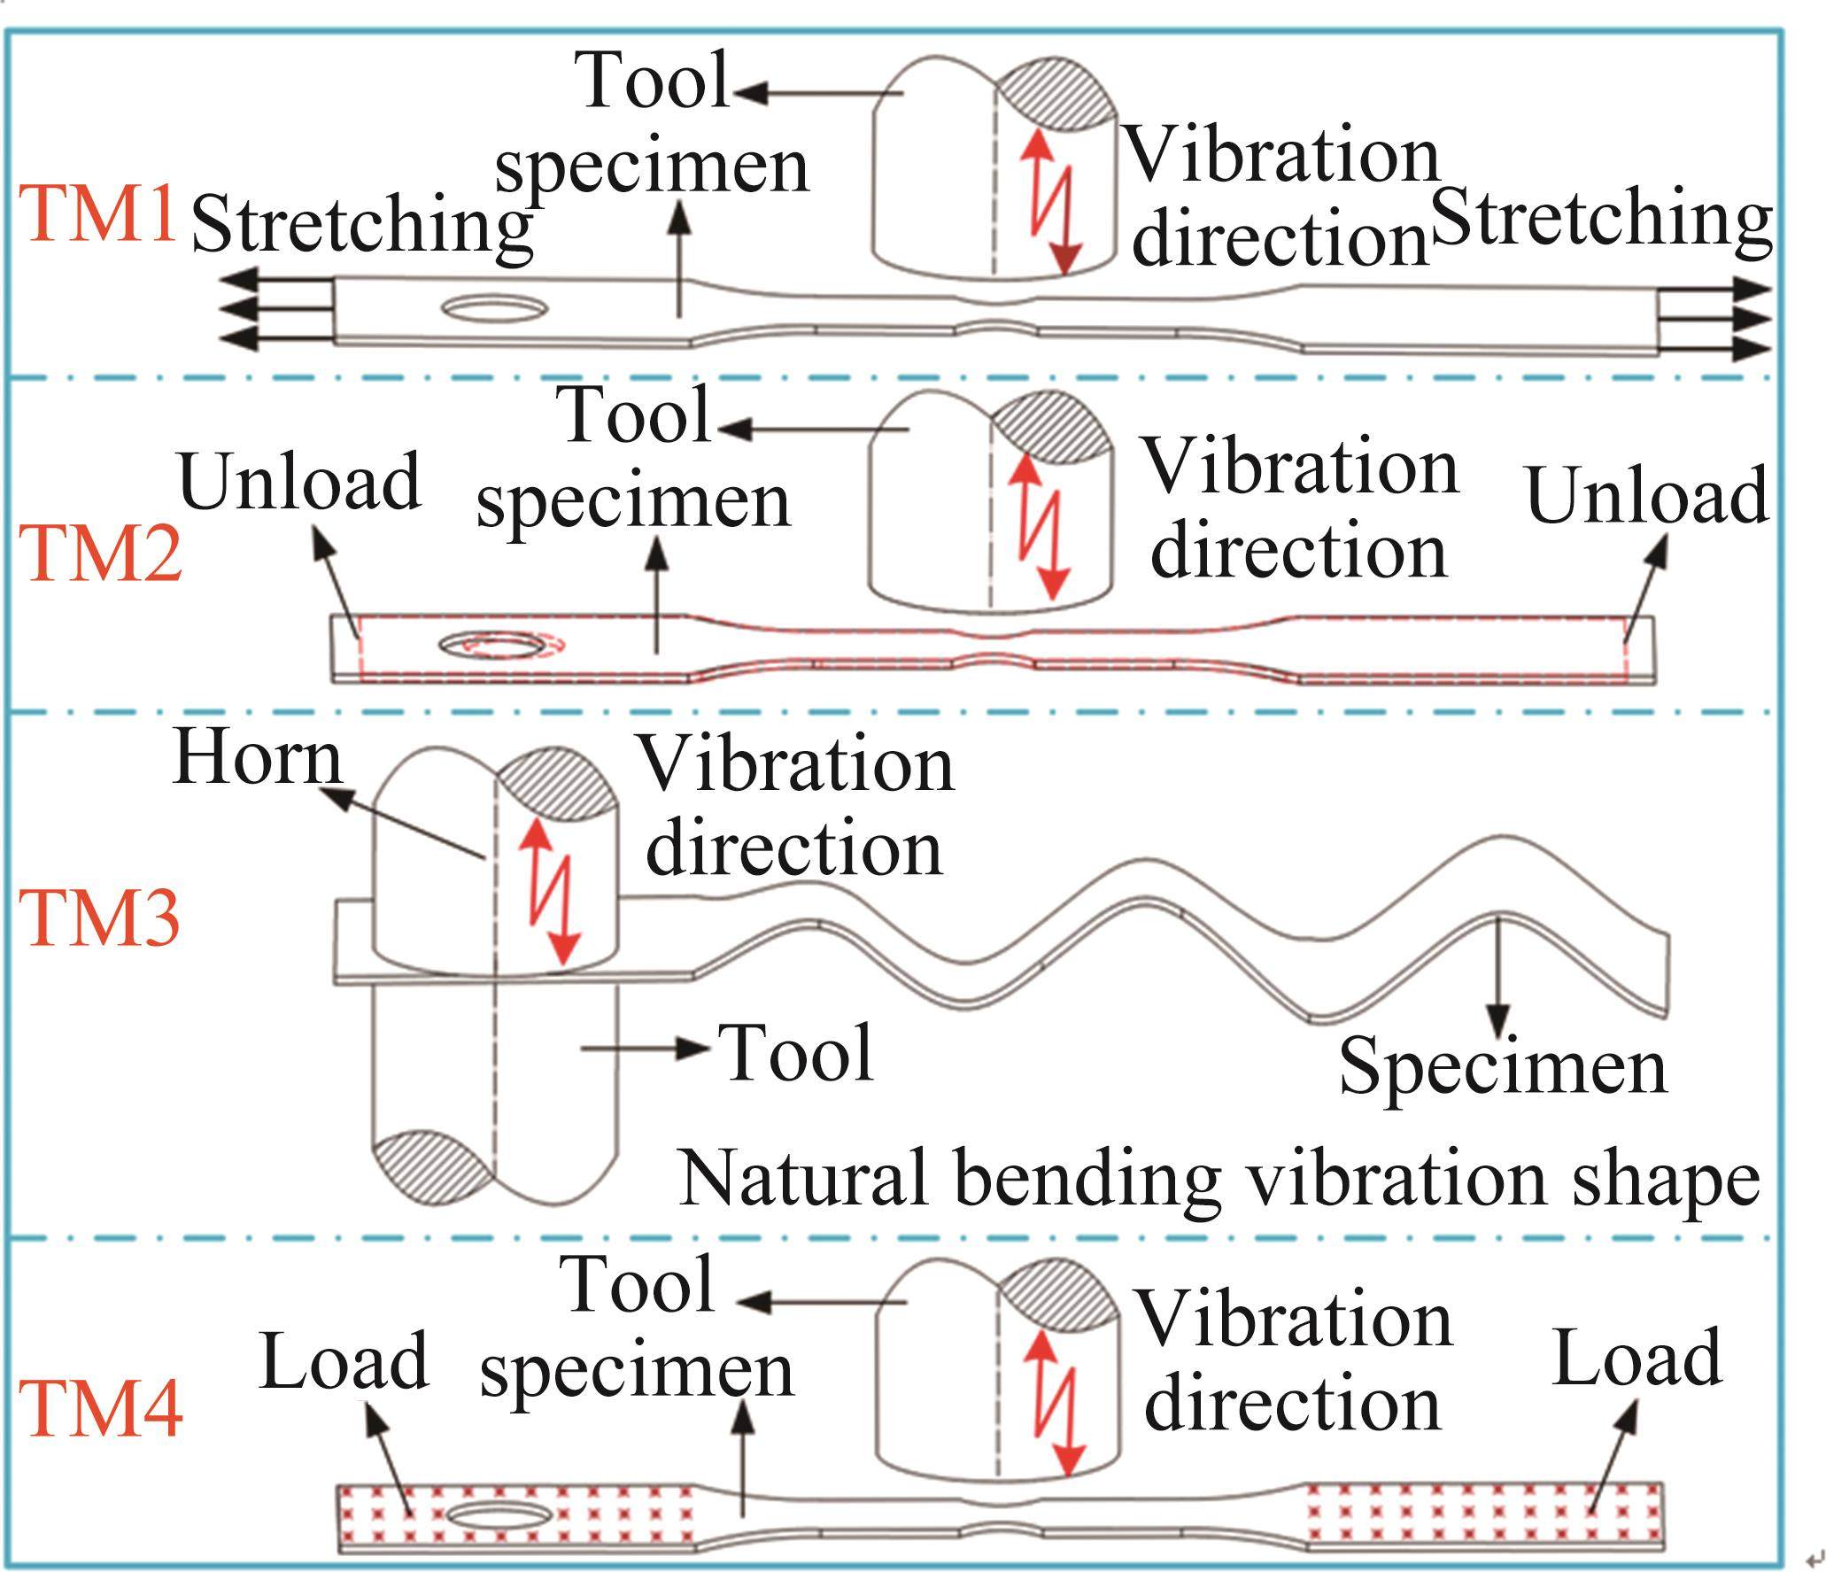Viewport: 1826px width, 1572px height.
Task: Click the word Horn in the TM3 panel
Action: tap(257, 757)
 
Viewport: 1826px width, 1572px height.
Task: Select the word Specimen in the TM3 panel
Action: tap(1503, 1067)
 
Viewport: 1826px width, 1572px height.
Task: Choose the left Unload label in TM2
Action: tap(299, 483)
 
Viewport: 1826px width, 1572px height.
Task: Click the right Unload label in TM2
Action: tap(1647, 494)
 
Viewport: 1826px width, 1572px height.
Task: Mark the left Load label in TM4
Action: tap(344, 1360)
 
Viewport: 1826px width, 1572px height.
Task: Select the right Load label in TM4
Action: tap(1636, 1357)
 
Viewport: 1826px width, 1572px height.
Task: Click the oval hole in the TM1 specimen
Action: tap(495, 309)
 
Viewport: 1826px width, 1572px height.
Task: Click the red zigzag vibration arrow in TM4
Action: tap(1056, 1406)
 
